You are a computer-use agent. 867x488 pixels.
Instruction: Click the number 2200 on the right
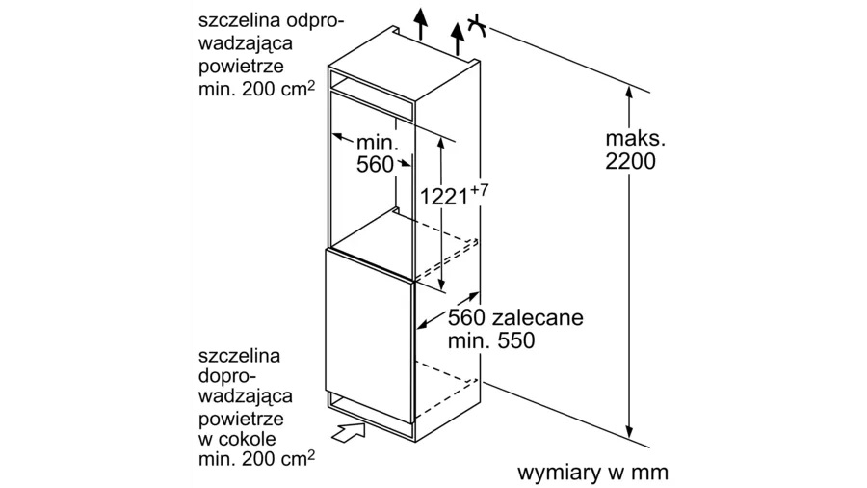[x=630, y=161]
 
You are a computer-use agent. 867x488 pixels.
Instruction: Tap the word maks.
[x=636, y=138]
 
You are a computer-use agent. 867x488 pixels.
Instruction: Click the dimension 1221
[x=444, y=197]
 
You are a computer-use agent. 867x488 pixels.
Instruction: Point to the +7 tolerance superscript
[x=480, y=190]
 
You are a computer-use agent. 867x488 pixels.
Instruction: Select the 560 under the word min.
[x=375, y=164]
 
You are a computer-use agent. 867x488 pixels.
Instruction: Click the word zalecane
[x=538, y=317]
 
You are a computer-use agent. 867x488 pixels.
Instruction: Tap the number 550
[x=516, y=340]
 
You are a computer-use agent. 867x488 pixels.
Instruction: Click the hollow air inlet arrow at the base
[x=349, y=431]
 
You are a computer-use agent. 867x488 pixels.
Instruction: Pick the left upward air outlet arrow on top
[x=421, y=24]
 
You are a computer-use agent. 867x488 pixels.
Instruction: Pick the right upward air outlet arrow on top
[x=458, y=39]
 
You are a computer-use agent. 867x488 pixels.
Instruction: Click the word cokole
[x=246, y=439]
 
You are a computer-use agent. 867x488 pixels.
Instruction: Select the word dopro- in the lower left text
[x=227, y=377]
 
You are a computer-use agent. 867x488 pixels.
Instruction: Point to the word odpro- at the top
[x=315, y=22]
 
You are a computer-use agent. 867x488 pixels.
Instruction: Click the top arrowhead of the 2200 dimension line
[x=629, y=92]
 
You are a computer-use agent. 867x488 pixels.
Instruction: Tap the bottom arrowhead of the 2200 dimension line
[x=629, y=431]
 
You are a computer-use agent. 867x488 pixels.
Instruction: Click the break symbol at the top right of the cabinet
[x=477, y=27]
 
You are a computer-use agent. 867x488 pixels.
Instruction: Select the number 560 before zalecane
[x=466, y=317]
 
